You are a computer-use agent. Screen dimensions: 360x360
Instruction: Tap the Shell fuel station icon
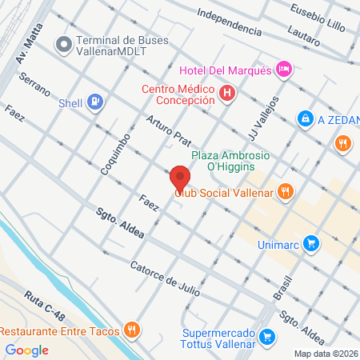point(95,102)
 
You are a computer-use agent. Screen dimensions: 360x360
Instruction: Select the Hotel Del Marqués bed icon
point(284,70)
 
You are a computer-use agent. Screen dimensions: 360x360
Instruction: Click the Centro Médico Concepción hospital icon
point(228,94)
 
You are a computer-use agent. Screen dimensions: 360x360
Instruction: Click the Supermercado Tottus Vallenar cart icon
point(268,337)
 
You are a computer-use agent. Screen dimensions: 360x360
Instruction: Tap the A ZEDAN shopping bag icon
point(304,119)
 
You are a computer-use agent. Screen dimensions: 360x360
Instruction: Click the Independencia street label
point(230,22)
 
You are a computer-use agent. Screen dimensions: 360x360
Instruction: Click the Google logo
point(26,350)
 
